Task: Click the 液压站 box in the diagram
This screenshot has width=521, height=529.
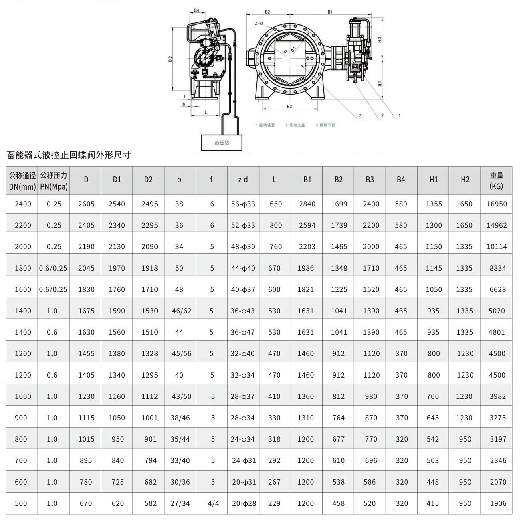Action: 222,143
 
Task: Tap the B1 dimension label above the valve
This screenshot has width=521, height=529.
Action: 330,12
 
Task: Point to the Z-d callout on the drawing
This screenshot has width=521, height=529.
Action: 259,23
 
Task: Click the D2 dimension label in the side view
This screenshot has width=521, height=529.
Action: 170,59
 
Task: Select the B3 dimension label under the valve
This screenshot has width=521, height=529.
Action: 289,106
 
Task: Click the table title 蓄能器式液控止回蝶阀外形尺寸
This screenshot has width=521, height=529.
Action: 69,155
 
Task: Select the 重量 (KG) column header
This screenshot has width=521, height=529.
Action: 496,180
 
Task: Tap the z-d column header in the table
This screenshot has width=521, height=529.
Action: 243,180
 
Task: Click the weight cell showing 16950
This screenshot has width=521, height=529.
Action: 497,204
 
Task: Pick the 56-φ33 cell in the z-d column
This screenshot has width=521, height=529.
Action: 243,204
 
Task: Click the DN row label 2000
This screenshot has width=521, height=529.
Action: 23,247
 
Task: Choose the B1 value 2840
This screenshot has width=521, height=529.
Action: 307,204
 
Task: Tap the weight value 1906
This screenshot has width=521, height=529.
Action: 498,503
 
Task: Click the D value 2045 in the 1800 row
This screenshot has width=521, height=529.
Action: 86,268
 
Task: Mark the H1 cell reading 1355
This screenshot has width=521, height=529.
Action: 434,204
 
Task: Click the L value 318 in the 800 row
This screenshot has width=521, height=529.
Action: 274,439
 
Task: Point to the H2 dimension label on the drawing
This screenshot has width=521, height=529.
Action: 380,40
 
